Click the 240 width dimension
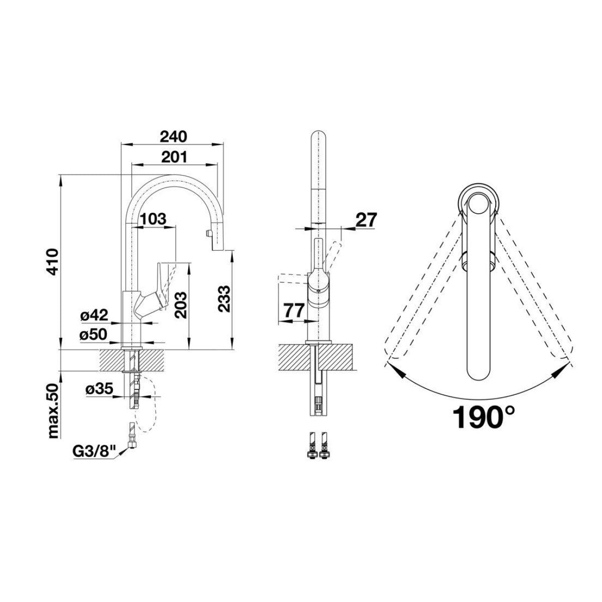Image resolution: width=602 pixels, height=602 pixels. tap(174, 136)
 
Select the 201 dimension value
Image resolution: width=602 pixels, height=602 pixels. tap(174, 157)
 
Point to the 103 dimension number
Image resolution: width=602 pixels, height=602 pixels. tap(153, 219)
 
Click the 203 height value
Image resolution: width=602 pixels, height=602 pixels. tap(181, 305)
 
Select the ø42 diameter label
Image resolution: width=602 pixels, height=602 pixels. tap(94, 316)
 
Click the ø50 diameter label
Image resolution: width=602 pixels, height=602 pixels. tap(93, 335)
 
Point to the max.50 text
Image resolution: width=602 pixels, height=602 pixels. tap(53, 411)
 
